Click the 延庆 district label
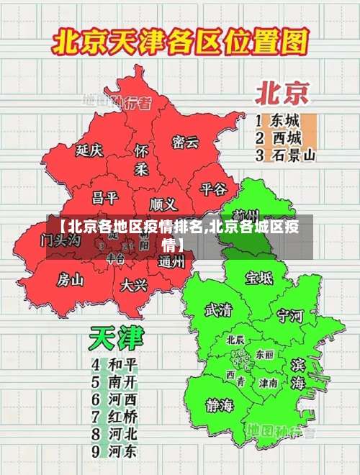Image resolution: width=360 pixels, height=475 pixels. point(89,150)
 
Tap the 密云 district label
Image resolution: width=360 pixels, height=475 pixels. point(185,142)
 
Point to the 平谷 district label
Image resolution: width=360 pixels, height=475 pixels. point(213,189)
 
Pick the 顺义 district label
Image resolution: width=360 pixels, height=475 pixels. point(163,204)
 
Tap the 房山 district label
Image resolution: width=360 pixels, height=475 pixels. point(71,279)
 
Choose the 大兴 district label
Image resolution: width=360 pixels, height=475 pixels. point(134,285)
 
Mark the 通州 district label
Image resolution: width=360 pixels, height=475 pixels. point(171,262)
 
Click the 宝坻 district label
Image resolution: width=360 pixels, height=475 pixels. point(258,277)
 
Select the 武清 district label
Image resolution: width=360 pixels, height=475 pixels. point(219,310)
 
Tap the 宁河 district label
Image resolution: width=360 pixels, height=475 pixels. point(291,315)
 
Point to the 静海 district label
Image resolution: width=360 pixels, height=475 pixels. point(220,404)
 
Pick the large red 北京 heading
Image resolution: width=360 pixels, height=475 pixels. point(282,93)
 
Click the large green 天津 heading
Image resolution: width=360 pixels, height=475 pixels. point(117,338)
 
